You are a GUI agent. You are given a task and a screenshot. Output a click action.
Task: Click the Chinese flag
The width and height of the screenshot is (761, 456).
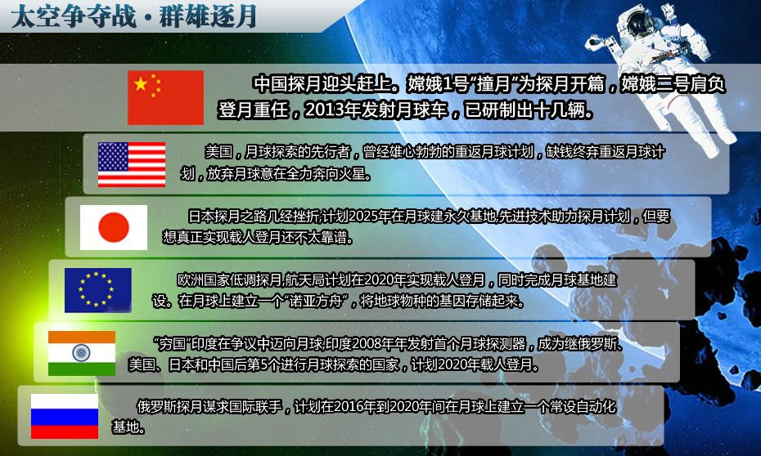click(165, 97)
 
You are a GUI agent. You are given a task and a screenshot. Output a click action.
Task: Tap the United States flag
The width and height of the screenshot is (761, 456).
click(132, 164)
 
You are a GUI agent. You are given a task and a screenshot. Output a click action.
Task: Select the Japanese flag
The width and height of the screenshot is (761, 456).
click(114, 227)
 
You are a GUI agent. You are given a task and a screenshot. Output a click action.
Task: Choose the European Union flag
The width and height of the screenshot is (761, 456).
click(98, 290)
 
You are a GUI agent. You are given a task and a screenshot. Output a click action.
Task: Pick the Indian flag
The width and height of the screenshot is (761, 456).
click(82, 353)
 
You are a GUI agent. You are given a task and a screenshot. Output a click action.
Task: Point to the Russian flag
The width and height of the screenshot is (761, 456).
click(65, 416)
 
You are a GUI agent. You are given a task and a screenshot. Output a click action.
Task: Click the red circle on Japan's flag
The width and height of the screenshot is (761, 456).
click(114, 227)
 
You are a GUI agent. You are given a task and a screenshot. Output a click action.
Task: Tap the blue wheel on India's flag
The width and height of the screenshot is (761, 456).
click(81, 353)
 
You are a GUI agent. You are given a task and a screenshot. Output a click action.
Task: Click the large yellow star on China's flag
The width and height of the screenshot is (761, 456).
click(141, 84)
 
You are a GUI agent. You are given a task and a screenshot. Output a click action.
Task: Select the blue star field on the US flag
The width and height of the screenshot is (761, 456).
click(113, 156)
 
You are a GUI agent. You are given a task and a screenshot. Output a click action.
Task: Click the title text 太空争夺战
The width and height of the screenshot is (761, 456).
click(74, 16)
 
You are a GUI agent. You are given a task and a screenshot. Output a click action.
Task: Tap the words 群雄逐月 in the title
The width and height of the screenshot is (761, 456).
click(208, 16)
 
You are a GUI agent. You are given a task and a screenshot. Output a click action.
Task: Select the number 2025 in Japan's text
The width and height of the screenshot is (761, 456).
click(363, 216)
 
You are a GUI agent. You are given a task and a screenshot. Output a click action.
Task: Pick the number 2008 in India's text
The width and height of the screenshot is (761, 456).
click(367, 344)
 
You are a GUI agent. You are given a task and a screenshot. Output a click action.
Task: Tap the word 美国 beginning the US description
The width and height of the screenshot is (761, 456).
click(218, 152)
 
